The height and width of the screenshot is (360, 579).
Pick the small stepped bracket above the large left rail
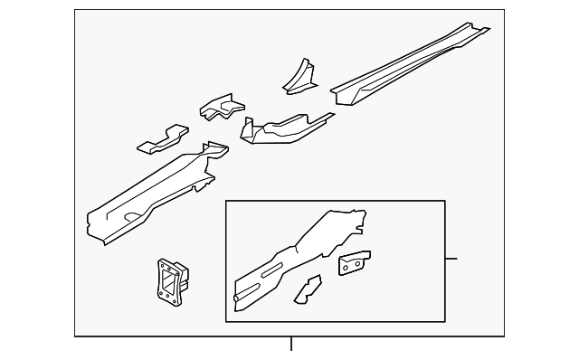(x=221, y=107)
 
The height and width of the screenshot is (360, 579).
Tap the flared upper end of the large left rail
(x=213, y=154)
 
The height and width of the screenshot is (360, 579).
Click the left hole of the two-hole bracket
(x=346, y=266)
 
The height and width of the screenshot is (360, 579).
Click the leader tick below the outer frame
(x=291, y=344)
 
